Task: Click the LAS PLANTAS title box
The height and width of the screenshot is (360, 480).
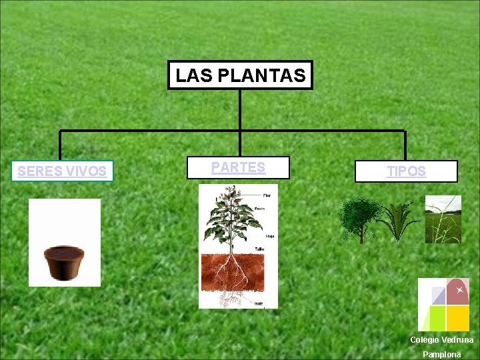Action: (x=240, y=75)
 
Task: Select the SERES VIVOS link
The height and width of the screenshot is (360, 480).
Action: (x=62, y=171)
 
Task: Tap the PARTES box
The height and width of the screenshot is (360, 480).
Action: (x=238, y=168)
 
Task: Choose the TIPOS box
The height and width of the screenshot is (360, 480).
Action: (x=406, y=171)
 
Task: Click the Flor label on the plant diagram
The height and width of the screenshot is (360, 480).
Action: (x=267, y=195)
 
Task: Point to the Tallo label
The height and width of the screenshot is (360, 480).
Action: (x=258, y=249)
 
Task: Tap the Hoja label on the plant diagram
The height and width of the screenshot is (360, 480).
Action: (x=270, y=236)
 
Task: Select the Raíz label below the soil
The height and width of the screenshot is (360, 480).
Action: (x=258, y=303)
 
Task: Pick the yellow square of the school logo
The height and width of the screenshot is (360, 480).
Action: (x=457, y=318)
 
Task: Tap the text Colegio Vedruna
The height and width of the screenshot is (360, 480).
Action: (x=441, y=340)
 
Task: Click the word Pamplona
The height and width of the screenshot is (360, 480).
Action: (x=441, y=354)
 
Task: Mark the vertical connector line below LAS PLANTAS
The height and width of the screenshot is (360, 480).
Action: (x=240, y=110)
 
